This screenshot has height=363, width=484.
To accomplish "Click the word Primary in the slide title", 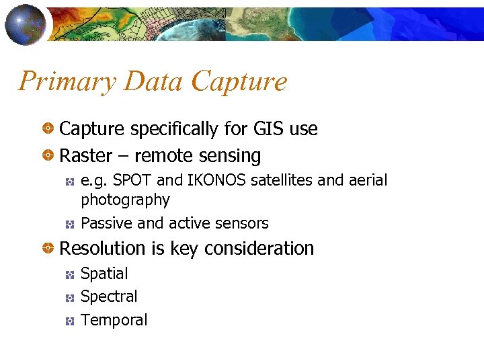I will [x=65, y=82].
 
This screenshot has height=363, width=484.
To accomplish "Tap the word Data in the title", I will [x=152, y=82].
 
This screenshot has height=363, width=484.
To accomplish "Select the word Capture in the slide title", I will [x=239, y=82].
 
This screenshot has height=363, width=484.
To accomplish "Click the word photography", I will [x=125, y=200].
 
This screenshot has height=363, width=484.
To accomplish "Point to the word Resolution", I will [x=103, y=249].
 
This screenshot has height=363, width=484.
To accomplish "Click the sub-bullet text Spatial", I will [x=104, y=274].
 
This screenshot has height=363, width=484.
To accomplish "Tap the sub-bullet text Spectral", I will [x=109, y=296].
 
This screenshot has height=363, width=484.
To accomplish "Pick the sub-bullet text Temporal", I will [x=114, y=320].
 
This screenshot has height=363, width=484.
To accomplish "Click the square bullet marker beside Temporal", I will [x=70, y=321].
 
